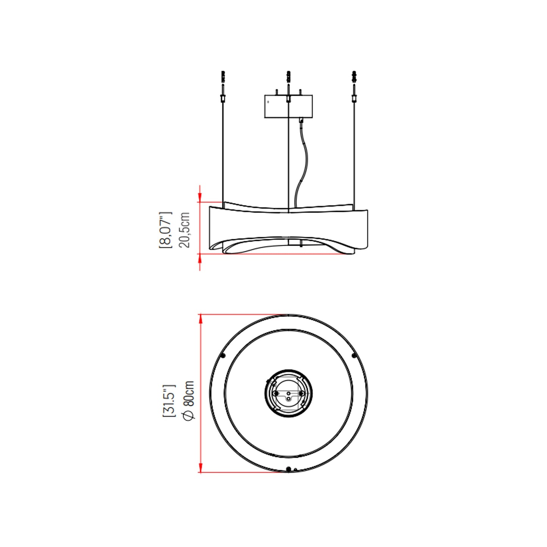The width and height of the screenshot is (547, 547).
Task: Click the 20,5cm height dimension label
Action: point(184,230)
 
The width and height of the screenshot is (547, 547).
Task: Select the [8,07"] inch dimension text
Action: point(165,230)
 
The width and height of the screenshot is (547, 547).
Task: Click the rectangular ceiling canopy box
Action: point(288,107)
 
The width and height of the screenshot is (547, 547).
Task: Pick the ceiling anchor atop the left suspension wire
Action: point(223,77)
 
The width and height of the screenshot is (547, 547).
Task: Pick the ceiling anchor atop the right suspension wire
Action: point(354,77)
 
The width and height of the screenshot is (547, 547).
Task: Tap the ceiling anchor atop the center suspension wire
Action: point(288,77)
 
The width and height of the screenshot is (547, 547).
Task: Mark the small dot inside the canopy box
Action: point(268,102)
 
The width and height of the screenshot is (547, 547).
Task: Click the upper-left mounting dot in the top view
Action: point(223,355)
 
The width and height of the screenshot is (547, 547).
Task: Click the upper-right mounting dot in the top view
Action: point(354,355)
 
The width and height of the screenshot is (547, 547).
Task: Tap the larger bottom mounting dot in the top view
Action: point(288,469)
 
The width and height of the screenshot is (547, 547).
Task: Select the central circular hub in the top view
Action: point(288,394)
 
